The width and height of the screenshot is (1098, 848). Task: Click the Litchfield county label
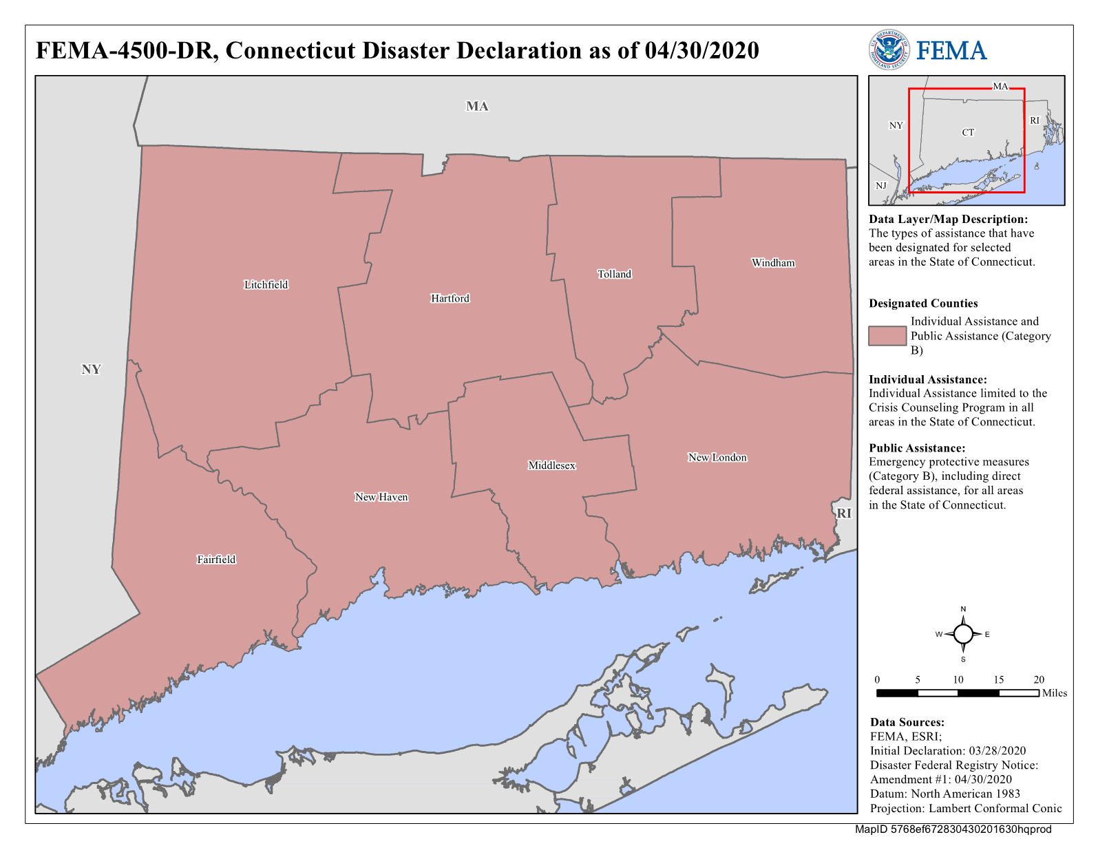coord(266,285)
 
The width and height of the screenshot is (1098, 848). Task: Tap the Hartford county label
coord(450,298)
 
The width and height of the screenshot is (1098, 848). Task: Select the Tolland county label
coord(614,274)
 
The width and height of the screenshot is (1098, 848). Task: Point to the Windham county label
coord(772,263)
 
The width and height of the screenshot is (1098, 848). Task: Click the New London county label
coord(717,458)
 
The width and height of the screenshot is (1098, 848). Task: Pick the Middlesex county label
coord(551,465)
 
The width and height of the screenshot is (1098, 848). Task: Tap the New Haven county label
coord(381,497)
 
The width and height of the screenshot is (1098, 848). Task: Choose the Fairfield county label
coord(216,560)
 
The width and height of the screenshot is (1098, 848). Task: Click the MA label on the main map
coord(477,107)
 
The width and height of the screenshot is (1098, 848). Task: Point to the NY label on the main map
coord(91,370)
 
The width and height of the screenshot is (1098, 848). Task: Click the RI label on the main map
coord(843,513)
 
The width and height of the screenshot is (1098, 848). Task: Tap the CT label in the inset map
coord(968,132)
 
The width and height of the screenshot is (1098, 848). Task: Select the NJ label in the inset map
coord(881,186)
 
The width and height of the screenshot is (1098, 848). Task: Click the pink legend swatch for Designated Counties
coord(887,336)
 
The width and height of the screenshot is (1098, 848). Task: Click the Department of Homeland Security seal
coord(888,50)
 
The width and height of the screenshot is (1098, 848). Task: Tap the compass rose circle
coord(963,634)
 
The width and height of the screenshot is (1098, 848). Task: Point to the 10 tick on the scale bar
coord(958,680)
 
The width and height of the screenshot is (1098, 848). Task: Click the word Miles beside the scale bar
coord(1054,693)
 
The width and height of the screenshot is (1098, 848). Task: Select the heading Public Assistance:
coord(916,448)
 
